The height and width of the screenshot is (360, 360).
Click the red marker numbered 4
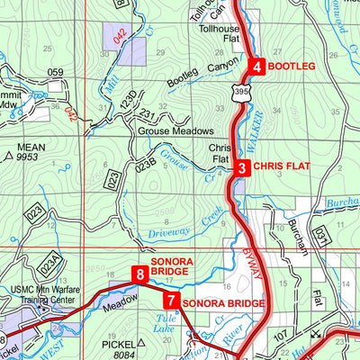[256, 67]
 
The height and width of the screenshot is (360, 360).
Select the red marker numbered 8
[139, 274]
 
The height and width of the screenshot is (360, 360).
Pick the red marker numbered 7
[171, 302]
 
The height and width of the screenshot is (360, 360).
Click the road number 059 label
[56, 72]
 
